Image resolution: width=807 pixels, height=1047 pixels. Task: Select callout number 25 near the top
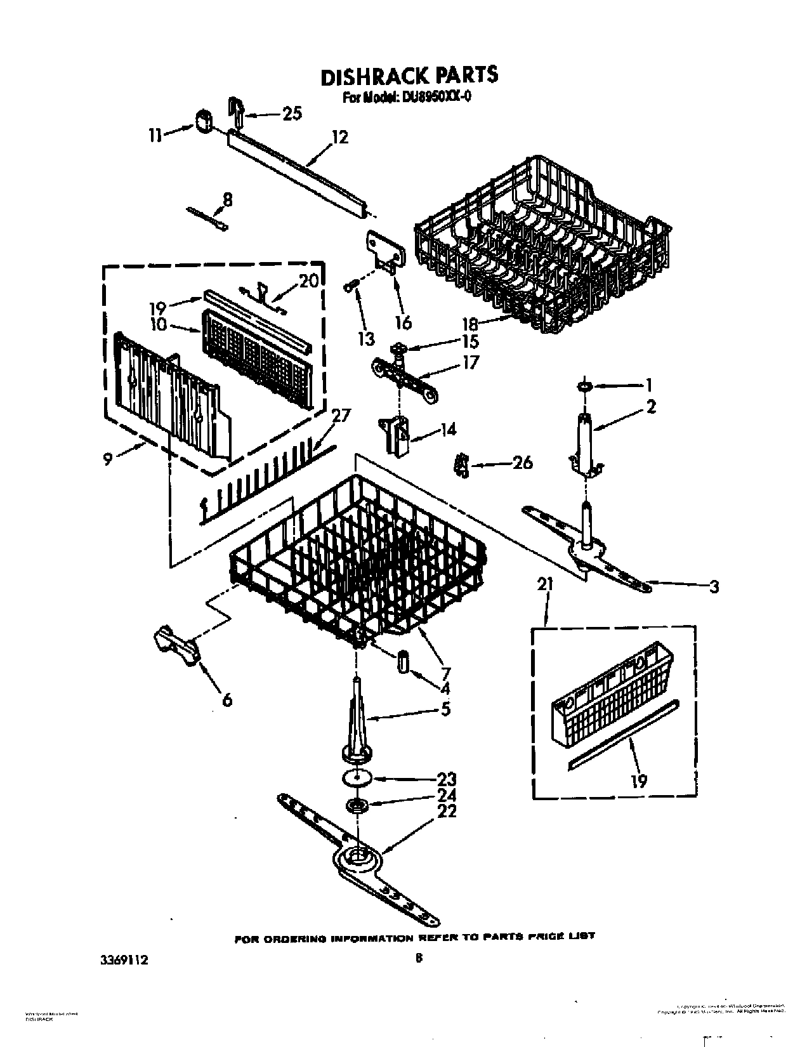(291, 114)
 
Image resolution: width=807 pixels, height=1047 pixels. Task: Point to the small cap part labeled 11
(203, 121)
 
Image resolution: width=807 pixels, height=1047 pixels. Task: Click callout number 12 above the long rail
(339, 136)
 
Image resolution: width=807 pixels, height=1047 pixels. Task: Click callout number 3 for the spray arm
(714, 587)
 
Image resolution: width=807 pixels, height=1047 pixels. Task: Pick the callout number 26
(522, 463)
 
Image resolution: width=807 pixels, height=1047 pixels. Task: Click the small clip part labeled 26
(462, 466)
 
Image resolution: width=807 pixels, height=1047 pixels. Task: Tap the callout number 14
(448, 429)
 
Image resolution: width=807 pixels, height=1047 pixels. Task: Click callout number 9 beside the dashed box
(107, 458)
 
